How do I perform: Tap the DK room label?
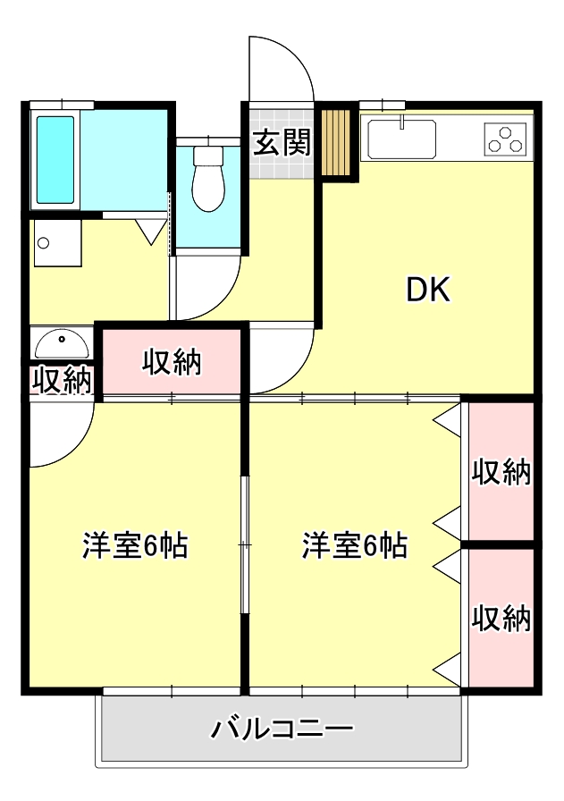[429, 290]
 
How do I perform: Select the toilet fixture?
[208, 182]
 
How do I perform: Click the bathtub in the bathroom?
[55, 160]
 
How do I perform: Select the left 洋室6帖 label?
[135, 545]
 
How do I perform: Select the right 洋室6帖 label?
[355, 545]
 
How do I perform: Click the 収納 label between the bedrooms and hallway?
[173, 362]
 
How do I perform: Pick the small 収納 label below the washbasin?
[62, 380]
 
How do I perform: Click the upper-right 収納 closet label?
[501, 471]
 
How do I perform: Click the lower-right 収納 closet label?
[501, 618]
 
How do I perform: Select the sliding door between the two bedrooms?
[244, 545]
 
